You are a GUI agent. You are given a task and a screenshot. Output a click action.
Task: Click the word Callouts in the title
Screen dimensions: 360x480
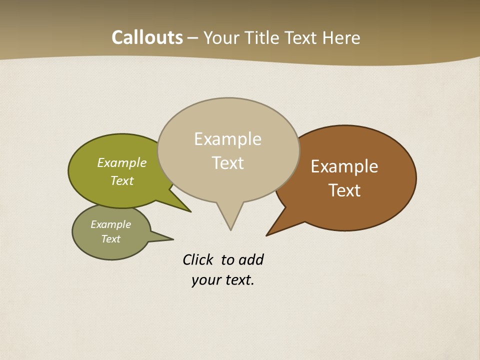pyautogui.click(x=147, y=37)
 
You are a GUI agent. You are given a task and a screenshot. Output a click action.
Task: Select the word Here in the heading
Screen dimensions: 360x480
pyautogui.click(x=341, y=37)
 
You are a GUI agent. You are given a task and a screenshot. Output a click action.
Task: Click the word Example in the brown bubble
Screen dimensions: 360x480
pyautogui.click(x=344, y=166)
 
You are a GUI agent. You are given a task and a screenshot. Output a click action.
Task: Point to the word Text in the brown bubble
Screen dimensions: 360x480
pyautogui.click(x=344, y=190)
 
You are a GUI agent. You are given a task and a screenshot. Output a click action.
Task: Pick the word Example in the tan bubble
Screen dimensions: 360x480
pyautogui.click(x=227, y=139)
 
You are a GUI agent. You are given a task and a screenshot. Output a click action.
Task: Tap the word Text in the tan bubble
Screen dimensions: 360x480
pyautogui.click(x=228, y=163)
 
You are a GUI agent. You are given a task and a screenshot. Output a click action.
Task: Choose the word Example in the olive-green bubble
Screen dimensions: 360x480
pyautogui.click(x=122, y=162)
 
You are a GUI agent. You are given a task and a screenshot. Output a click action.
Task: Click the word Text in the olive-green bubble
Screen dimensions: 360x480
pyautogui.click(x=122, y=180)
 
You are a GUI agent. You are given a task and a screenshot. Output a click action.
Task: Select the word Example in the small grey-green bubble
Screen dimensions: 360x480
pyautogui.click(x=110, y=224)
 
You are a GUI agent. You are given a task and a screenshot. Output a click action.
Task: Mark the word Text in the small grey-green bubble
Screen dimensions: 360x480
pyautogui.click(x=110, y=239)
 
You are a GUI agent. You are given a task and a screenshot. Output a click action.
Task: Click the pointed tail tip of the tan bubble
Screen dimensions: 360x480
pyautogui.click(x=230, y=230)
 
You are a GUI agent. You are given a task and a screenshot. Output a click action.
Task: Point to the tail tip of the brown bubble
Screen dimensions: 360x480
pyautogui.click(x=266, y=235)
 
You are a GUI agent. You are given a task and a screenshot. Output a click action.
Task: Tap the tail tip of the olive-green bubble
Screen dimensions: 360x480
pyautogui.click(x=190, y=212)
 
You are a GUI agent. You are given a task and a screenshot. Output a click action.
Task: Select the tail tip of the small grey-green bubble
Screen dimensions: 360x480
pyautogui.click(x=173, y=239)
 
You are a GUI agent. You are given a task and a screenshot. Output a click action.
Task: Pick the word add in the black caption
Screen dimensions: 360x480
pyautogui.click(x=251, y=259)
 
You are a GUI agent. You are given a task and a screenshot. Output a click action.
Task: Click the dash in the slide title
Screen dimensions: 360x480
pyautogui.click(x=193, y=38)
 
